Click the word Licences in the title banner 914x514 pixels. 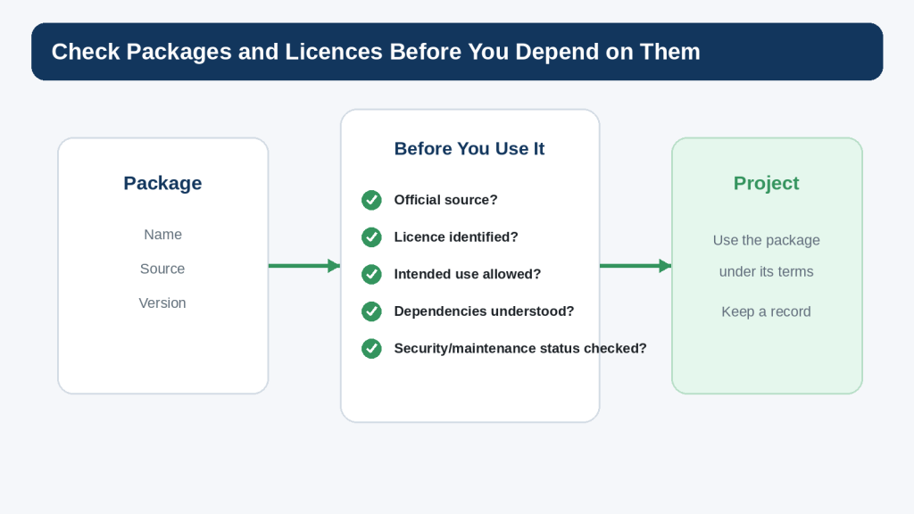[334, 52]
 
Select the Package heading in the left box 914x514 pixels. [162, 183]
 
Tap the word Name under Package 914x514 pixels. [162, 235]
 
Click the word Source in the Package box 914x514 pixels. [162, 269]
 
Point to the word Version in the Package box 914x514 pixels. [162, 303]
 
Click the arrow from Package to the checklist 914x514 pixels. [304, 266]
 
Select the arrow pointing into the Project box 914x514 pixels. [636, 266]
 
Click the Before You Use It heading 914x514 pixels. [469, 149]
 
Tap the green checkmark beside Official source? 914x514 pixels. [371, 200]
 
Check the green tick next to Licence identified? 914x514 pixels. [371, 237]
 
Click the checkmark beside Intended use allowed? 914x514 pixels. [371, 274]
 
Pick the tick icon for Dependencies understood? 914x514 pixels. [371, 311]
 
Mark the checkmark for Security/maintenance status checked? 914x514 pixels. [371, 349]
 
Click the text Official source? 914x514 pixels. [446, 200]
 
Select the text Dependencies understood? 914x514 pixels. [484, 311]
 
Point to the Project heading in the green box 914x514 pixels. [767, 183]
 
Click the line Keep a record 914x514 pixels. [767, 311]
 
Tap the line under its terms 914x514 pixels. [767, 271]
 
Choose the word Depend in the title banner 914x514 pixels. [557, 52]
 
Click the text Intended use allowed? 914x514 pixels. [468, 274]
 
